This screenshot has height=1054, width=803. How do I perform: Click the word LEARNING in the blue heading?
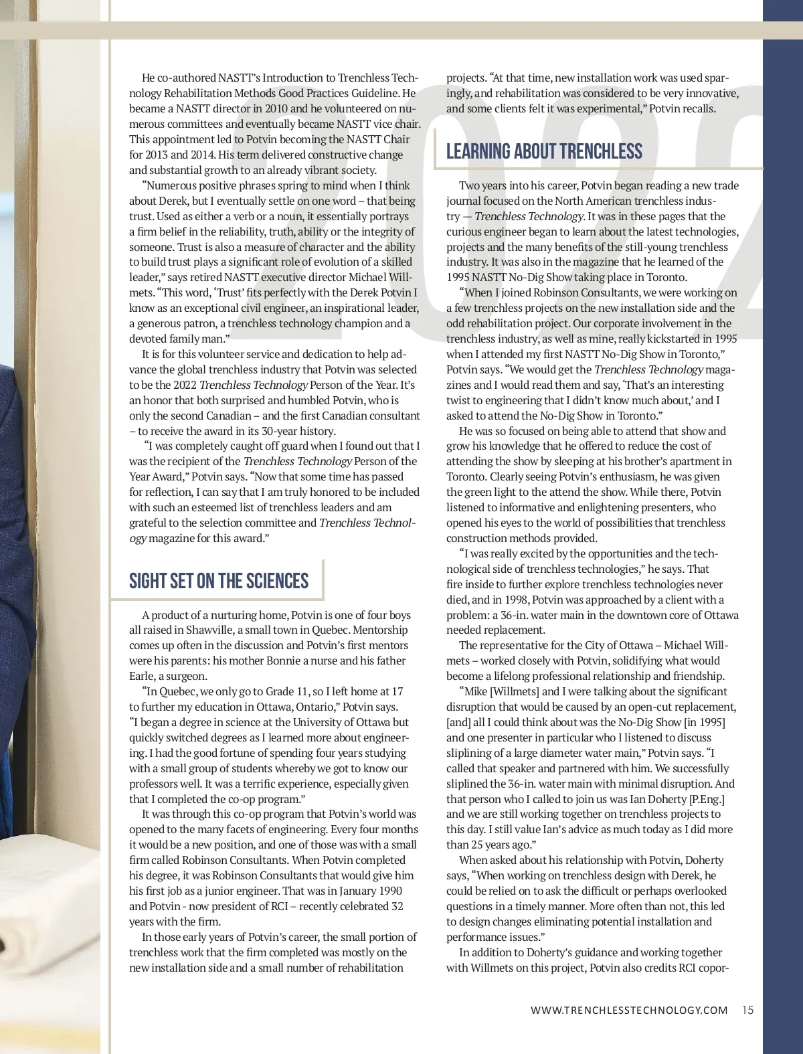coord(478,151)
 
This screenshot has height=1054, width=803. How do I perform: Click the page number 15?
coord(747,1010)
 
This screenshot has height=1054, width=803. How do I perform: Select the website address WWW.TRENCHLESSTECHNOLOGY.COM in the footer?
coord(629,1011)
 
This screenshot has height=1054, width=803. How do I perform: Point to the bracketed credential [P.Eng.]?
coord(707,799)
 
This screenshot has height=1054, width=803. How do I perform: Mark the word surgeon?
coord(189,677)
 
